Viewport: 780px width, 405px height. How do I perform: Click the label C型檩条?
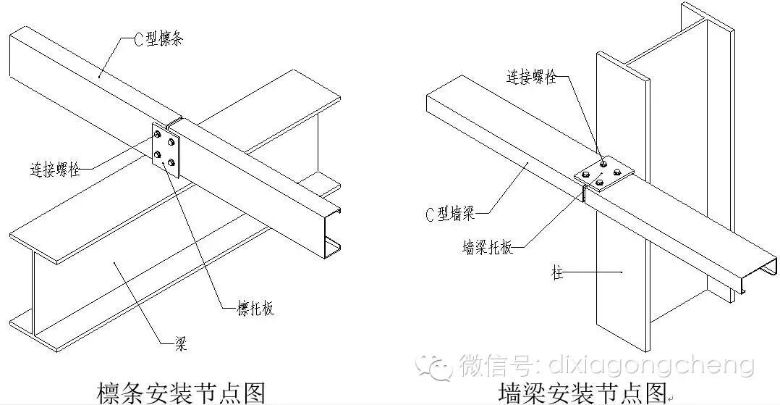tap(157, 39)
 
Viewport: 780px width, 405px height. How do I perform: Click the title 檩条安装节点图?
tap(181, 392)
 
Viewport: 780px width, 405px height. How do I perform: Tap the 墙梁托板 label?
tap(487, 247)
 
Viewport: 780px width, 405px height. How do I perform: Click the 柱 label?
tap(556, 275)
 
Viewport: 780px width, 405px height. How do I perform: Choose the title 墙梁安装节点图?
tap(583, 392)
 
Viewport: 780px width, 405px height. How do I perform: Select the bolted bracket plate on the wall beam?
tap(603, 174)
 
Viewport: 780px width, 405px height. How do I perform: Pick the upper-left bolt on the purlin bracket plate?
tap(158, 133)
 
